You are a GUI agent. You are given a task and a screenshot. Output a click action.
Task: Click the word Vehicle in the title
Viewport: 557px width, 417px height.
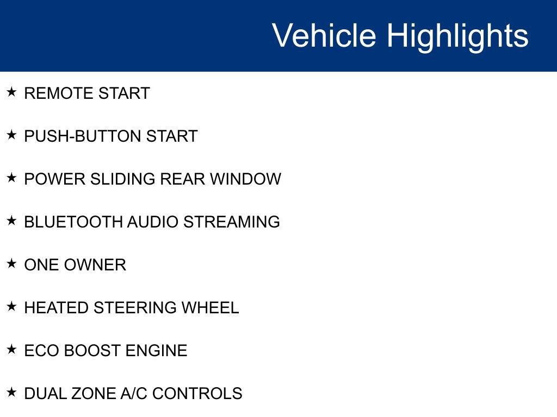point(324,36)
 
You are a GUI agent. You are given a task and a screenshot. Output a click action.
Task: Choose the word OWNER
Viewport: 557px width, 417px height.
point(95,265)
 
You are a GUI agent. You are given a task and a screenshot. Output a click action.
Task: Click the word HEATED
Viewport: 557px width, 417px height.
point(57,308)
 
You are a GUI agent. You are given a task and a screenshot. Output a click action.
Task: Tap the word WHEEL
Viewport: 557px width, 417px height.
point(210,308)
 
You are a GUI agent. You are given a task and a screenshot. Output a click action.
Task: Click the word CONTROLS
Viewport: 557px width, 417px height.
point(197,394)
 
